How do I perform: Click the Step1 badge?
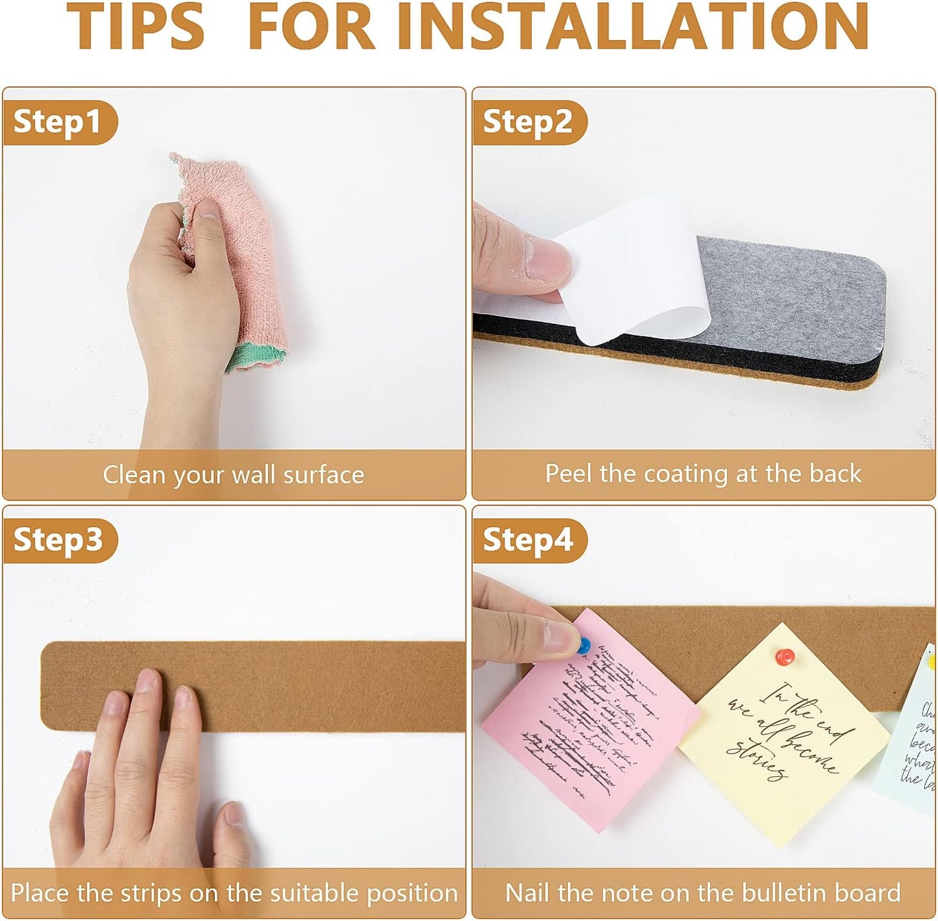58,122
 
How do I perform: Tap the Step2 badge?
528,122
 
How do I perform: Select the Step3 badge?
58,540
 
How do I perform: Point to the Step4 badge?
528,540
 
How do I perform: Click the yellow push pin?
932,662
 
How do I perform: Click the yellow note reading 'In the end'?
785,733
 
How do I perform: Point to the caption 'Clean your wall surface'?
233,474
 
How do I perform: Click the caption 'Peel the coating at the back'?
703,474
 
